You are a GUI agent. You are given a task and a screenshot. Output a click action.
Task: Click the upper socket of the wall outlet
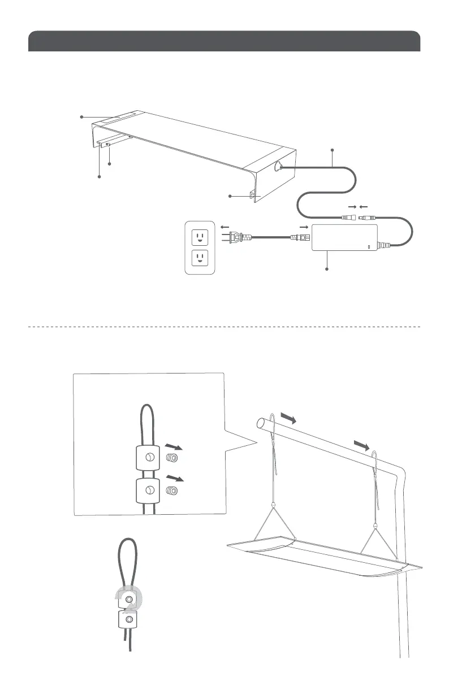coord(200,236)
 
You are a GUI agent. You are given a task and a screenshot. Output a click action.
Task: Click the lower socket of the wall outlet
coord(200,259)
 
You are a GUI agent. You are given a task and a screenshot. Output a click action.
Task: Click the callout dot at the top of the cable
coord(332,150)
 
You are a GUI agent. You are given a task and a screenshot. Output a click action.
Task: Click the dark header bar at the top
coord(224,41)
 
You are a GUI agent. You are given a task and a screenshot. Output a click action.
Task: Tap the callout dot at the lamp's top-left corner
coord(82,117)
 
